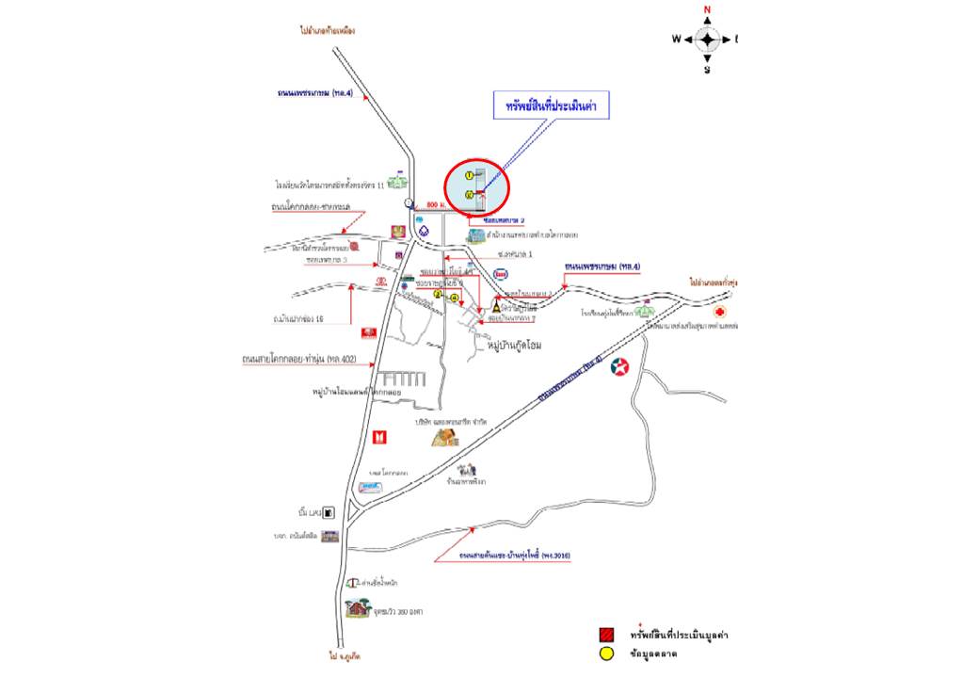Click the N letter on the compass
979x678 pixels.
click(707, 10)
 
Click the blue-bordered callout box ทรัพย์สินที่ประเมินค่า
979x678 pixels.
click(553, 106)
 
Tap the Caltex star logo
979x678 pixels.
click(620, 367)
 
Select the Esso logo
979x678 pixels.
click(502, 276)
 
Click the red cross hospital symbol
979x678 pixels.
click(720, 311)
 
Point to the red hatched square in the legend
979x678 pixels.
click(606, 635)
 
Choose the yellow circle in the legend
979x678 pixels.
click(606, 655)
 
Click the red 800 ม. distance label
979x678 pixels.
click(435, 203)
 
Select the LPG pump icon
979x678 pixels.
click(329, 513)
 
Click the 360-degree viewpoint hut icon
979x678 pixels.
click(357, 607)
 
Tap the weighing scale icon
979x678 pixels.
click(350, 584)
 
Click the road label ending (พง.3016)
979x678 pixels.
click(515, 557)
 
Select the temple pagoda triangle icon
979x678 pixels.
click(496, 308)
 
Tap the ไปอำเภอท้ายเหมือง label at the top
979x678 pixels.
click(328, 30)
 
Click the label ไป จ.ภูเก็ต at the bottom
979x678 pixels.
click(341, 654)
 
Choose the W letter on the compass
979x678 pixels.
click(676, 40)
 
